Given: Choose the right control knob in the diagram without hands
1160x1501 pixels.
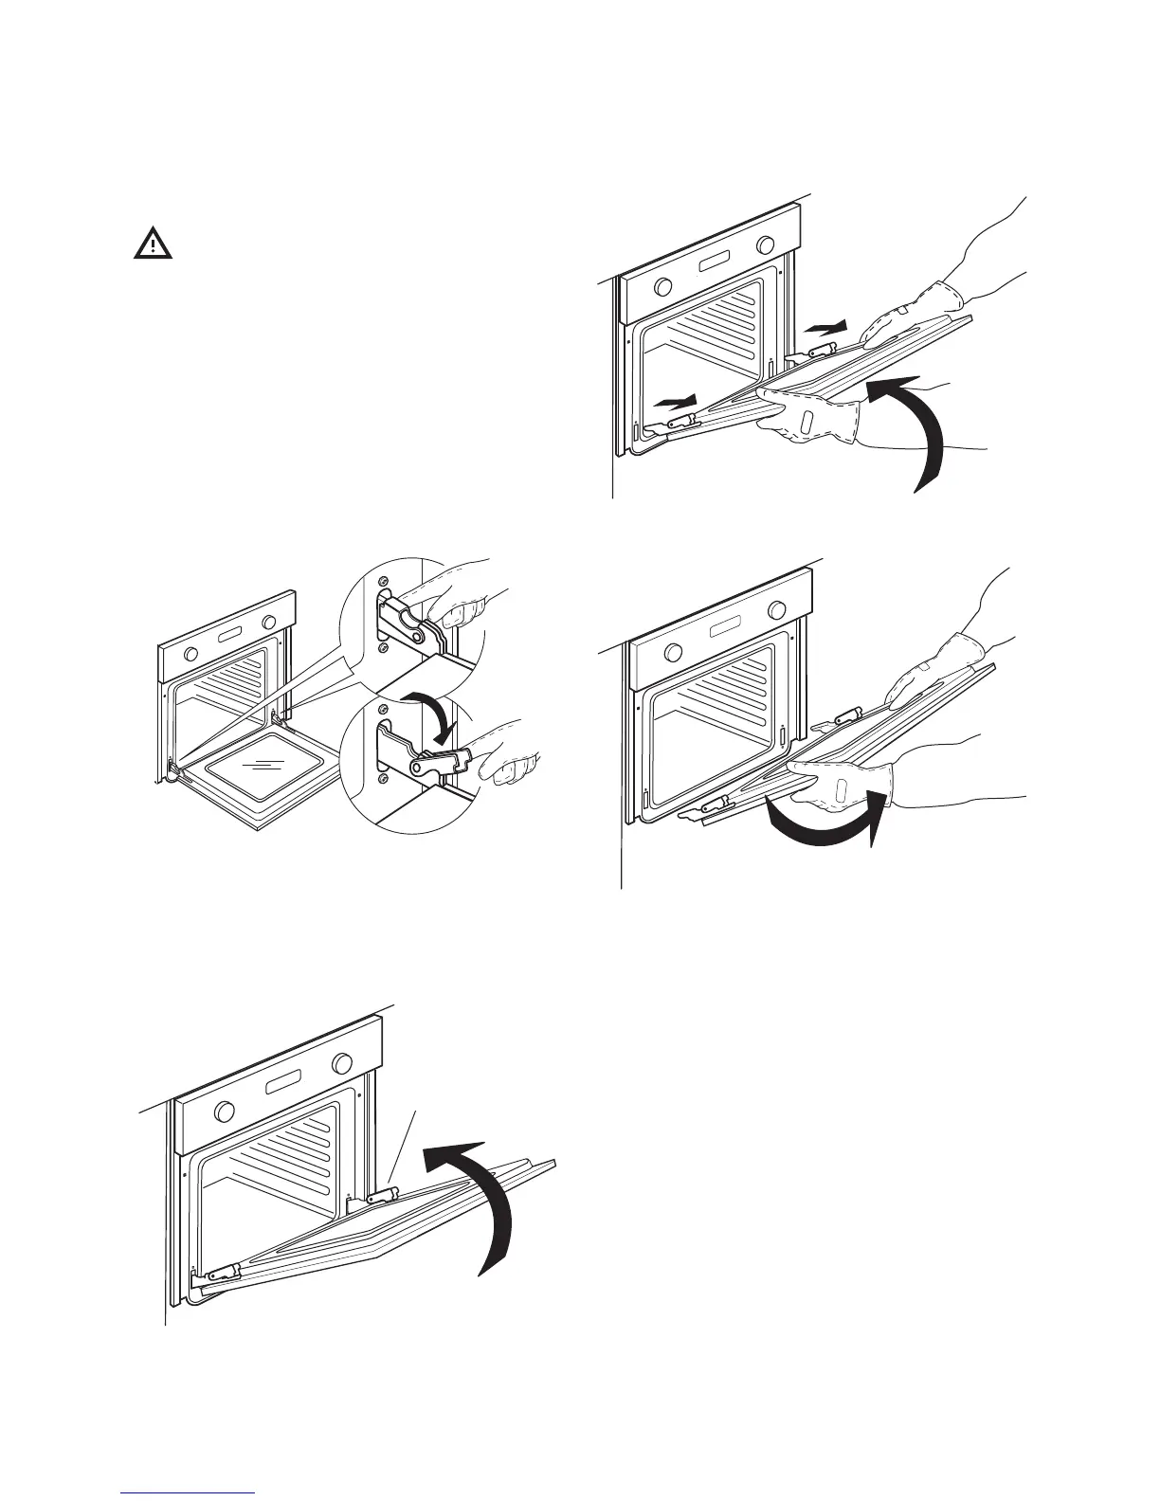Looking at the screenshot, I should (342, 1062).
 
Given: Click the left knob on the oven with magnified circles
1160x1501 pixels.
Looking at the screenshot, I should (192, 654).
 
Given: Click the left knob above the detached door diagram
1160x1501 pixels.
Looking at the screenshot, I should (674, 653).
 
